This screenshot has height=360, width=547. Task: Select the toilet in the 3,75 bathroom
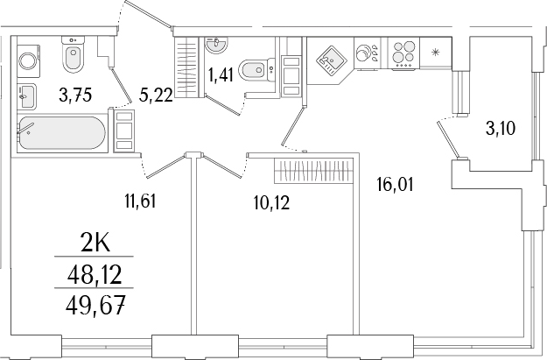click(x=74, y=58)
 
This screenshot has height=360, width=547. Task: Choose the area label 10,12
click(x=270, y=203)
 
